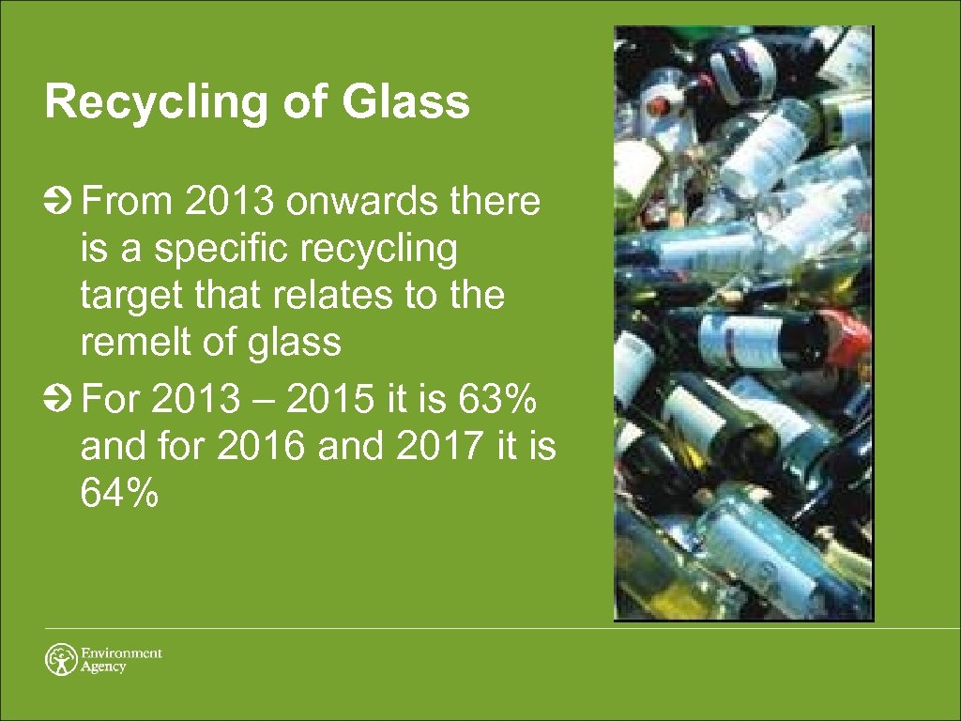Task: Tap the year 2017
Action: click(x=439, y=449)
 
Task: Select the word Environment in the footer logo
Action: click(x=122, y=652)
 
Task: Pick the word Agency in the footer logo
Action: click(x=103, y=667)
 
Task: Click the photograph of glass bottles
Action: click(x=743, y=323)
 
